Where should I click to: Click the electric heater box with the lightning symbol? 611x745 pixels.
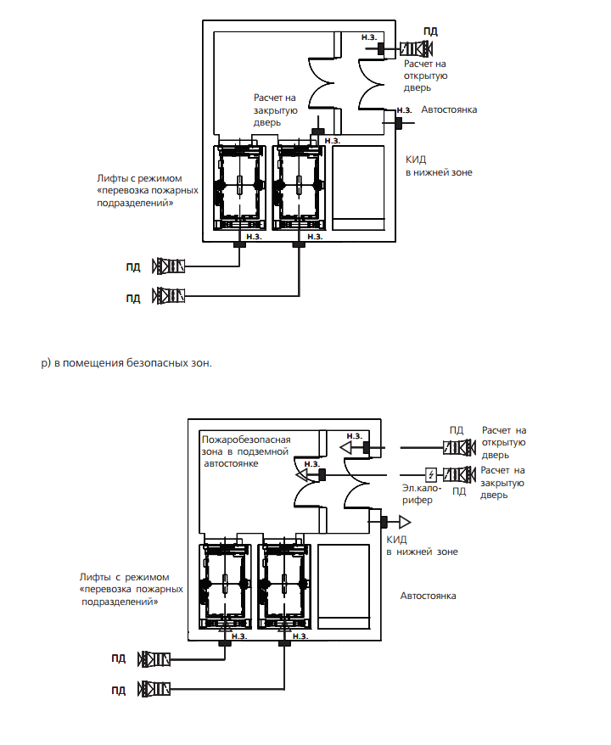431,474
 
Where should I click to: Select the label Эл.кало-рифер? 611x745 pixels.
422,494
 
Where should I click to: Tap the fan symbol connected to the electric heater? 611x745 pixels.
459,474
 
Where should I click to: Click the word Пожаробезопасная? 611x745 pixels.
246,440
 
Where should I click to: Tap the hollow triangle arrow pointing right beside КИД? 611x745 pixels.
405,522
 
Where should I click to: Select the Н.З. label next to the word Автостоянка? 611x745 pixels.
404,110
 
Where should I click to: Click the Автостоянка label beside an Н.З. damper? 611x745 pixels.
449,109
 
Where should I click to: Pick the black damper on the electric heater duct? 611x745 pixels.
322,474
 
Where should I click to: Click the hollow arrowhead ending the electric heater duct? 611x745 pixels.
300,474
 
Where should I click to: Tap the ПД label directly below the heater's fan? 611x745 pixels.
459,491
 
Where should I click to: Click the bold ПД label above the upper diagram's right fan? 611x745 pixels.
430,31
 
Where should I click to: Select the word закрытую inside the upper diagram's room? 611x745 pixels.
276,110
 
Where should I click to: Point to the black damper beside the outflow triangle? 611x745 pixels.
384,522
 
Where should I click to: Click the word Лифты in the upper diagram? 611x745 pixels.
111,179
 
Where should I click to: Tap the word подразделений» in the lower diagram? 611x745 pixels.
120,602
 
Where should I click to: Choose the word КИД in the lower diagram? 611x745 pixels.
396,540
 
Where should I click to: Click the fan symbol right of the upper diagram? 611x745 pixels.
416,49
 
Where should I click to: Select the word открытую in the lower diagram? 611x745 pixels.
503,442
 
